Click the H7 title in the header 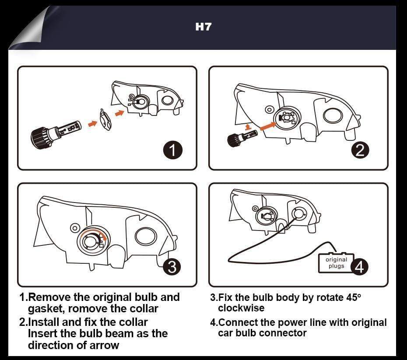[x=203, y=27]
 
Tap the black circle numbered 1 [x=172, y=150]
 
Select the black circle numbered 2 [x=360, y=150]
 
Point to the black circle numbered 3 [x=172, y=266]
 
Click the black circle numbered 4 [x=360, y=266]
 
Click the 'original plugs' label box [x=336, y=263]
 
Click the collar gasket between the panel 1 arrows [x=105, y=119]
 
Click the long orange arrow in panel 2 [x=267, y=126]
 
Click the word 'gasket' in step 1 [x=46, y=309]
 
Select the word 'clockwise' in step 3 [x=241, y=308]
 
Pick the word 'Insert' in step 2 [x=43, y=333]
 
